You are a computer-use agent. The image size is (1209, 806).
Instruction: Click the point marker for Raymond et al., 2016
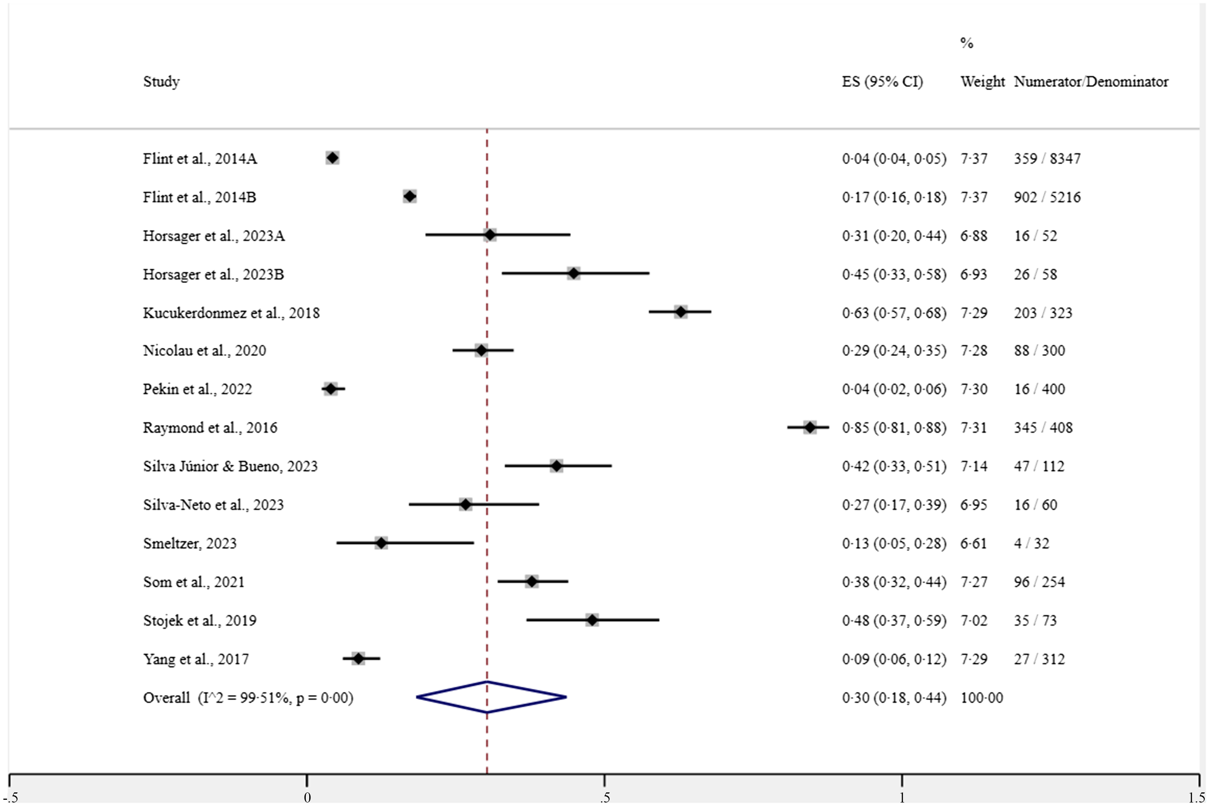point(810,427)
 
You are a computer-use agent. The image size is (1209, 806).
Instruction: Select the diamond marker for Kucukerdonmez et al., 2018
point(681,312)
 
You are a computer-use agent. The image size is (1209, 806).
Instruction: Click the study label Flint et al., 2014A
point(200,158)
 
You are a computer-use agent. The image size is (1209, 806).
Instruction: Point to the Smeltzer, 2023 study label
point(190,543)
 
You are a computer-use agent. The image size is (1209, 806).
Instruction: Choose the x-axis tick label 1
point(902,797)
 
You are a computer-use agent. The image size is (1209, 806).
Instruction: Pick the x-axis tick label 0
point(307,797)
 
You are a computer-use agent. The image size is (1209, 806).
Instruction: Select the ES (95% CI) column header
point(882,81)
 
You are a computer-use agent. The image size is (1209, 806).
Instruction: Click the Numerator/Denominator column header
point(1091,81)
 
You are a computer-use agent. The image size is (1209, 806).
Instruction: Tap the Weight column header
point(982,81)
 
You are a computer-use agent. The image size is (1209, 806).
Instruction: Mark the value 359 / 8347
point(1047,158)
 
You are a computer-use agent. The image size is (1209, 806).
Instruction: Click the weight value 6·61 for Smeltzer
point(974,543)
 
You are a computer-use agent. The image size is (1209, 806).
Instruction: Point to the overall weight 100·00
point(982,698)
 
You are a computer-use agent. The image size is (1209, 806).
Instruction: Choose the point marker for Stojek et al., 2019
point(592,620)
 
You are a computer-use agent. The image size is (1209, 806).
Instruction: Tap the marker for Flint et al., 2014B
point(410,196)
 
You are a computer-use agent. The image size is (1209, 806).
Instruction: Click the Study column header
point(161,81)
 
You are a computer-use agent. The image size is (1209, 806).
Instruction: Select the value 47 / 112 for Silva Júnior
point(1039,466)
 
